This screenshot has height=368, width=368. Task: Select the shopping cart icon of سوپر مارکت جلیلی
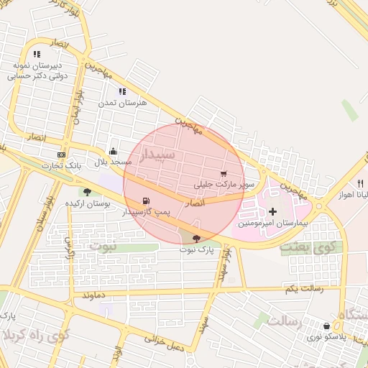(x=224, y=174)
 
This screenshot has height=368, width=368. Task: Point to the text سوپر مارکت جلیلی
(x=219, y=185)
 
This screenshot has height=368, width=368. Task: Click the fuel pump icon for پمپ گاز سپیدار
(x=147, y=201)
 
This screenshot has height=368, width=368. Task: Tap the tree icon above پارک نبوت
(x=197, y=238)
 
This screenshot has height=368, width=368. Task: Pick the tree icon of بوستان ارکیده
(x=87, y=192)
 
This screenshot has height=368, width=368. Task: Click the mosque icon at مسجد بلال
(x=113, y=152)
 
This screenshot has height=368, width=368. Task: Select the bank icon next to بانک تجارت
(x=61, y=155)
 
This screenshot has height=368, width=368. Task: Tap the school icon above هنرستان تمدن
(x=122, y=91)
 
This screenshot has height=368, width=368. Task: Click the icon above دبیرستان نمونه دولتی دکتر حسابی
(x=37, y=54)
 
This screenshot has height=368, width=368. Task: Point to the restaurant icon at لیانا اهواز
(x=360, y=183)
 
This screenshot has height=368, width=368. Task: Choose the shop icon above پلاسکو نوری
(x=327, y=326)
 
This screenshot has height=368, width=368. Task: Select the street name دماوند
(x=94, y=295)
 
